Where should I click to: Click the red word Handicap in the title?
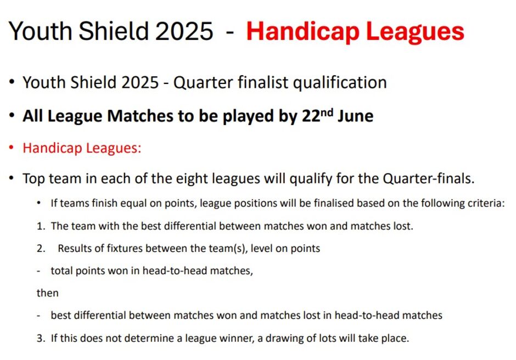click(x=302, y=31)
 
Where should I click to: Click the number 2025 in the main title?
click(x=184, y=31)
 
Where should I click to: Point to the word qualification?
click(x=340, y=83)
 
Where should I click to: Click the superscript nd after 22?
click(x=327, y=112)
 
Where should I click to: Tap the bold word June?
click(x=355, y=116)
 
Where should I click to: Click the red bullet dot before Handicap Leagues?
click(x=12, y=148)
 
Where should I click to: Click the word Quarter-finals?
click(x=429, y=179)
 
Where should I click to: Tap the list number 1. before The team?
click(x=41, y=227)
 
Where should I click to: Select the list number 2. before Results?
click(x=41, y=249)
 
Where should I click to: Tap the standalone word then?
click(x=47, y=293)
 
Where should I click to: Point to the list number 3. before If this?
click(x=41, y=338)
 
